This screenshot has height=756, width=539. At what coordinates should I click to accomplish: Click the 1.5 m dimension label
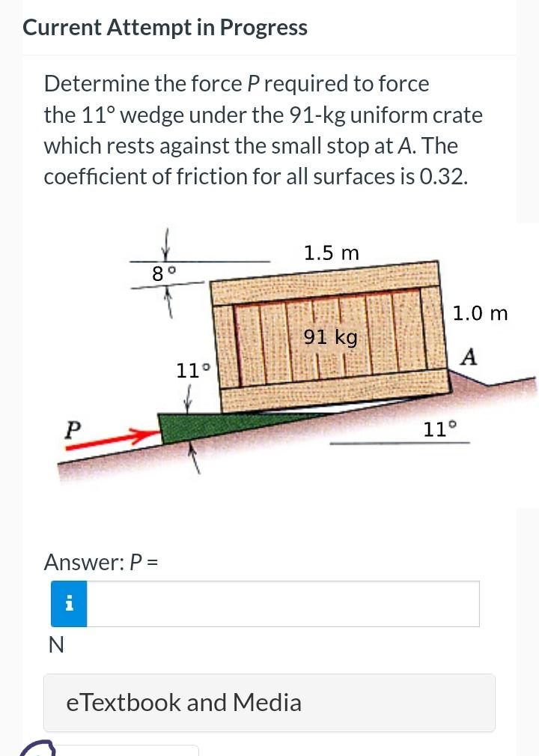pyautogui.click(x=331, y=253)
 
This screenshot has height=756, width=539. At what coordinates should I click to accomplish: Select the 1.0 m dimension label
pyautogui.click(x=481, y=313)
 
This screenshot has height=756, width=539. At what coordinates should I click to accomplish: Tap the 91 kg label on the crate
pyautogui.click(x=331, y=337)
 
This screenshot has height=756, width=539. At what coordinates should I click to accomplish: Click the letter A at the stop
pyautogui.click(x=469, y=357)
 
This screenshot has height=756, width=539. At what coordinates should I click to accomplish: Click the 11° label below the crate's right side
pyautogui.click(x=439, y=429)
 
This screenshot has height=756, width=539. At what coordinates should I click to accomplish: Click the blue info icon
pyautogui.click(x=69, y=603)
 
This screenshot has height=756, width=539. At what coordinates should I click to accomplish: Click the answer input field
pyautogui.click(x=283, y=603)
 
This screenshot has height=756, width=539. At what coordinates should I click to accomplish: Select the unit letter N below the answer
pyautogui.click(x=55, y=645)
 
